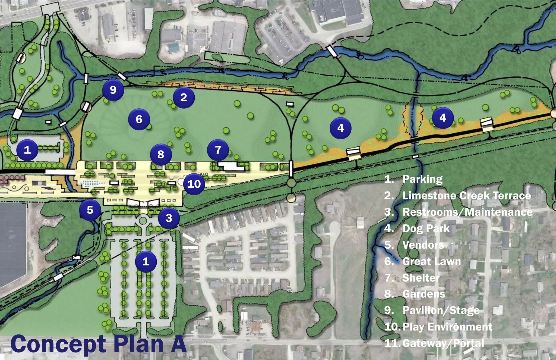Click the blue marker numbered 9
113,90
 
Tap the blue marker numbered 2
184,97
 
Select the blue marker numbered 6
139,119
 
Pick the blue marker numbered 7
218,150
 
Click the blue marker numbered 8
161,154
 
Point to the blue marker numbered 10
194,184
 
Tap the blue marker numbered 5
90,210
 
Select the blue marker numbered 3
169,218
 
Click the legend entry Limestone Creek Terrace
466,196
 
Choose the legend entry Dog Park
426,228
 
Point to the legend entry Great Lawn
431,261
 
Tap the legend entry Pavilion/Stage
441,310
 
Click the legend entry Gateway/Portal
443,343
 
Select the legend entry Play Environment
447,327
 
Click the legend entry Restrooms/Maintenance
467,212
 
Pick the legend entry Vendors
423,245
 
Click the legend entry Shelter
421,278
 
